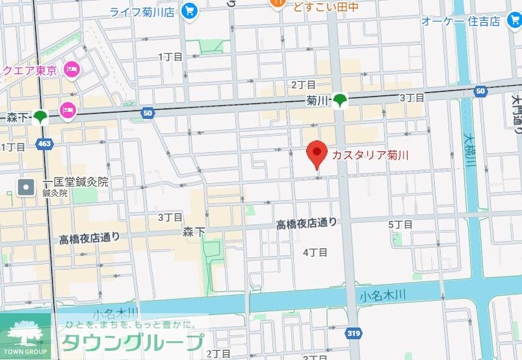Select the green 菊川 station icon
(x=340, y=100)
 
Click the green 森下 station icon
(x=41, y=117)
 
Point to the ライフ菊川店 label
(x=142, y=11)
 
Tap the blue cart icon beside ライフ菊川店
(x=190, y=11)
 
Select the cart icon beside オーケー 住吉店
(x=514, y=20)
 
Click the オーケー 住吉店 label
(x=460, y=21)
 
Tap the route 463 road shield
(x=44, y=143)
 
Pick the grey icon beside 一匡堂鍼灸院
(x=26, y=188)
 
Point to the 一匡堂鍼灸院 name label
(x=75, y=182)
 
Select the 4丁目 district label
(x=315, y=252)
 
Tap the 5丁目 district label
(x=400, y=225)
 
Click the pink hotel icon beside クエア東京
(x=72, y=68)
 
